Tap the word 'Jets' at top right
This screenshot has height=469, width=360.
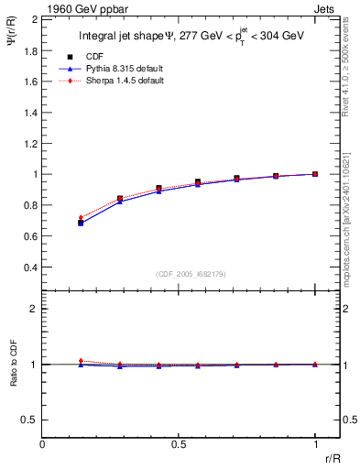(326, 8)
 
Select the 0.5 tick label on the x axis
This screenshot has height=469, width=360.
(179, 443)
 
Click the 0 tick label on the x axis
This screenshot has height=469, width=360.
(43, 443)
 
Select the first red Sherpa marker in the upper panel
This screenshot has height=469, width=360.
(82, 217)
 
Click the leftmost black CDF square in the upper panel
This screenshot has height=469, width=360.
(82, 223)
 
